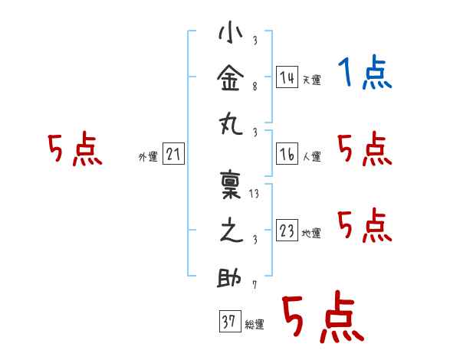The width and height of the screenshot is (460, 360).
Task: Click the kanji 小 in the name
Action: click(x=231, y=32)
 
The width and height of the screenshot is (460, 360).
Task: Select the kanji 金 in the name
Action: click(x=231, y=78)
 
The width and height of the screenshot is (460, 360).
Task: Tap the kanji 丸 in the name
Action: click(x=231, y=125)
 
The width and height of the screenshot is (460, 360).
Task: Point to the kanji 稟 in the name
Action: click(x=231, y=185)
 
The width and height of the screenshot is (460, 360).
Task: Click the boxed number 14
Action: click(x=287, y=77)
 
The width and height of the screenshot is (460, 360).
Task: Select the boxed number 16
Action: click(x=287, y=154)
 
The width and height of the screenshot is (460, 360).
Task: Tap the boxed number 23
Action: click(x=287, y=230)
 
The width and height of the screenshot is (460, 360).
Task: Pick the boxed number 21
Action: click(x=173, y=154)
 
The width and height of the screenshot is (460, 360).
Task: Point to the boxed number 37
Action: click(x=230, y=321)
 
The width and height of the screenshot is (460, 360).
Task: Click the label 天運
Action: click(x=312, y=80)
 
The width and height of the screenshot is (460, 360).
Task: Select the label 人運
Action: click(x=312, y=156)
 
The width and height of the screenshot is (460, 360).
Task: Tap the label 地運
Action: click(x=311, y=233)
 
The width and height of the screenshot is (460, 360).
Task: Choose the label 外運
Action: click(x=148, y=156)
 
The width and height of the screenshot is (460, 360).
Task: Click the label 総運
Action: click(x=255, y=324)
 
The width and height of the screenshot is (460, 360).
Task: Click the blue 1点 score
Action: click(x=365, y=72)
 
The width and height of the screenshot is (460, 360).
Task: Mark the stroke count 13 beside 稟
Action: click(x=254, y=194)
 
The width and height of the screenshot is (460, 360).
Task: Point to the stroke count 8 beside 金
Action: click(x=255, y=87)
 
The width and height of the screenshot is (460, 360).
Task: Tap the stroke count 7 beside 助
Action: click(x=255, y=285)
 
